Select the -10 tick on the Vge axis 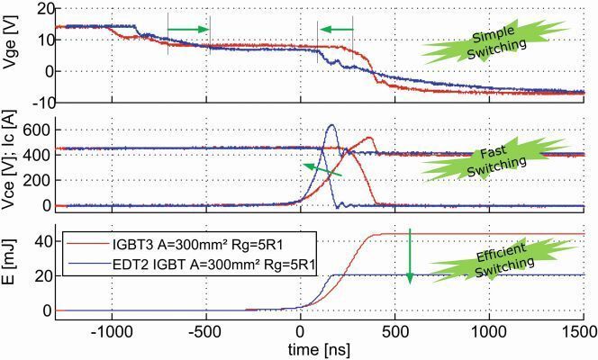pyautogui.click(x=37, y=100)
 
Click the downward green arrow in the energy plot pyautogui.click(x=410, y=256)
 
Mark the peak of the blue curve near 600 pyautogui.click(x=331, y=125)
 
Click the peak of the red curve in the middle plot pyautogui.click(x=369, y=138)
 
